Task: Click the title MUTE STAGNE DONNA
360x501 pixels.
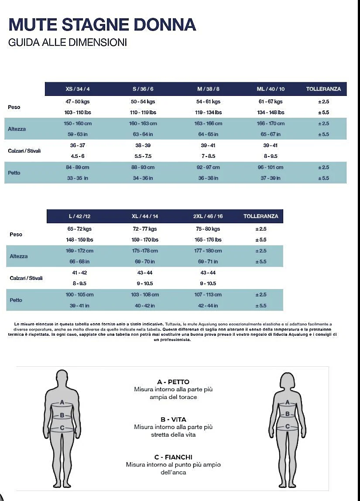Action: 102,24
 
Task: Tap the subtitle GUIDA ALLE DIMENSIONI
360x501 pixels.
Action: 68,43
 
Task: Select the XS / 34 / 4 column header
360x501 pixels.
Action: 78,89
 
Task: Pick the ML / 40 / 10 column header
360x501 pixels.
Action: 271,89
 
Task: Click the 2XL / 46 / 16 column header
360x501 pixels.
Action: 208,216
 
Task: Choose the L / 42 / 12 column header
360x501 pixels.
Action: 79,216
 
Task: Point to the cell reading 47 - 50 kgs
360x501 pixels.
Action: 78,102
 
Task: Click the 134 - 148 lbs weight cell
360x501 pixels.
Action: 271,112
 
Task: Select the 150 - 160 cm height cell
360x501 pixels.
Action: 78,123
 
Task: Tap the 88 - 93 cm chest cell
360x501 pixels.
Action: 143,167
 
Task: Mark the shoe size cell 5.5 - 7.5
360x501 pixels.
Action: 143,156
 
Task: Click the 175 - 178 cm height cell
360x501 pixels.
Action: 145,251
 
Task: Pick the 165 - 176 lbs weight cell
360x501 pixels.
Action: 208,240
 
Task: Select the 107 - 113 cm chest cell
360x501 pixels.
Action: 208,295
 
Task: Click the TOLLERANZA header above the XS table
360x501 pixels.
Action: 323,89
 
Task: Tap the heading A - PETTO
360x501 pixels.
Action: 173,382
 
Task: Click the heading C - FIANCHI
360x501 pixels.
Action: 173,457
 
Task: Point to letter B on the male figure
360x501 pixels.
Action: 62,416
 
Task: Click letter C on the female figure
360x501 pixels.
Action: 288,426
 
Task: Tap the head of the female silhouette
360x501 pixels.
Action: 288,380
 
